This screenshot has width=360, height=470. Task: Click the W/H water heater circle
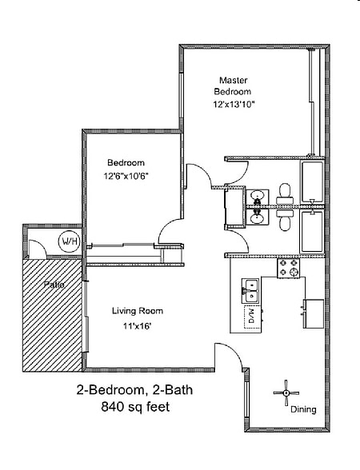tap(70, 241)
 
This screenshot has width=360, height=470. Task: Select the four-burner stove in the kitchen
tap(288, 269)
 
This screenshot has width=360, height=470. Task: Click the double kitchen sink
tap(250, 290)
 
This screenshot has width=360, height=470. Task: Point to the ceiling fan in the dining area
tap(286, 392)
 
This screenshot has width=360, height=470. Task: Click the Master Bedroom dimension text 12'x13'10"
tap(234, 105)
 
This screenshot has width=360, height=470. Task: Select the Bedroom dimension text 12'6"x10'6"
tap(126, 176)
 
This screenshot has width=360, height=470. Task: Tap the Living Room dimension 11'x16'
tap(137, 326)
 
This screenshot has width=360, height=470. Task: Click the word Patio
tap(54, 285)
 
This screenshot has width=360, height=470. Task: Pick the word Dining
tap(303, 410)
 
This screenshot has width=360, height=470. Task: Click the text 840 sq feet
tap(135, 407)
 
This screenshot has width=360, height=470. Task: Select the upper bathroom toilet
tap(285, 194)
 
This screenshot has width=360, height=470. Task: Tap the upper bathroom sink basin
tap(257, 196)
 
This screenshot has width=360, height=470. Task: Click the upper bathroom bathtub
tap(312, 182)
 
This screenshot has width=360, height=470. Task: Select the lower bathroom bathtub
tap(312, 232)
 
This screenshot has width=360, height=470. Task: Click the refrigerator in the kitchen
tap(314, 313)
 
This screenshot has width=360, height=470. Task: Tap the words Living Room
tap(138, 311)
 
